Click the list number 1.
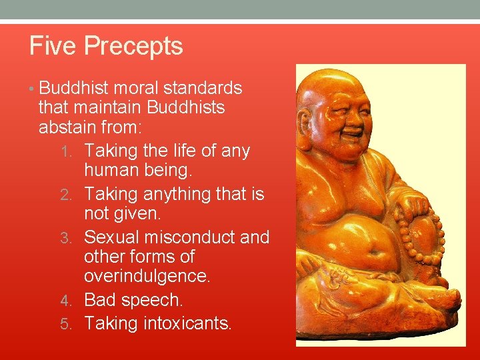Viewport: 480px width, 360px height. point(75,151)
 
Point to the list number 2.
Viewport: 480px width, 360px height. point(75,195)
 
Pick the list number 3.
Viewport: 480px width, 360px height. point(75,238)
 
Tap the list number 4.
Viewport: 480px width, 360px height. point(75,301)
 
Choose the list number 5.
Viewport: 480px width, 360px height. point(75,324)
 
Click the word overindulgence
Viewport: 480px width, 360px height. point(147,275)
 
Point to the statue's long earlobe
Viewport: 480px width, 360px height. point(306,133)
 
